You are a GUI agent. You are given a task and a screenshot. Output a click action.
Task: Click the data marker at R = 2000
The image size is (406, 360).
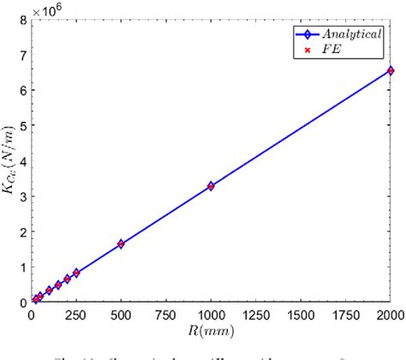[390, 70]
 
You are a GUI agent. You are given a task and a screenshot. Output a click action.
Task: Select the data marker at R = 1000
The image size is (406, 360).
[211, 185]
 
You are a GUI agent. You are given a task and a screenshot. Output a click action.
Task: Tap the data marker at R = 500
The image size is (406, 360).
[121, 243]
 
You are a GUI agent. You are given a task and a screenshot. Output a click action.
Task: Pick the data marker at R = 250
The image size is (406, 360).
[76, 273]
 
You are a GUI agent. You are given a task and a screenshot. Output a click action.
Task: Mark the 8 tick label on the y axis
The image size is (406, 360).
[24, 19]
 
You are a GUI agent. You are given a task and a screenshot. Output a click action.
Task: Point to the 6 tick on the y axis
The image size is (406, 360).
[24, 90]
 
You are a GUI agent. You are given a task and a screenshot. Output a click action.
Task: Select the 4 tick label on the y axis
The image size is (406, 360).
[24, 160]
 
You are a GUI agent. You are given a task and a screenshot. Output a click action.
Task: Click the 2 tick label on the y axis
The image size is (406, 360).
[24, 231]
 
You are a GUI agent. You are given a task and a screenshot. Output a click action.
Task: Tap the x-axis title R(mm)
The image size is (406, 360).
[211, 330]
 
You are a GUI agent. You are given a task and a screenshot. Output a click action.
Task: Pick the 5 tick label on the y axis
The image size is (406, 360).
[24, 125]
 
